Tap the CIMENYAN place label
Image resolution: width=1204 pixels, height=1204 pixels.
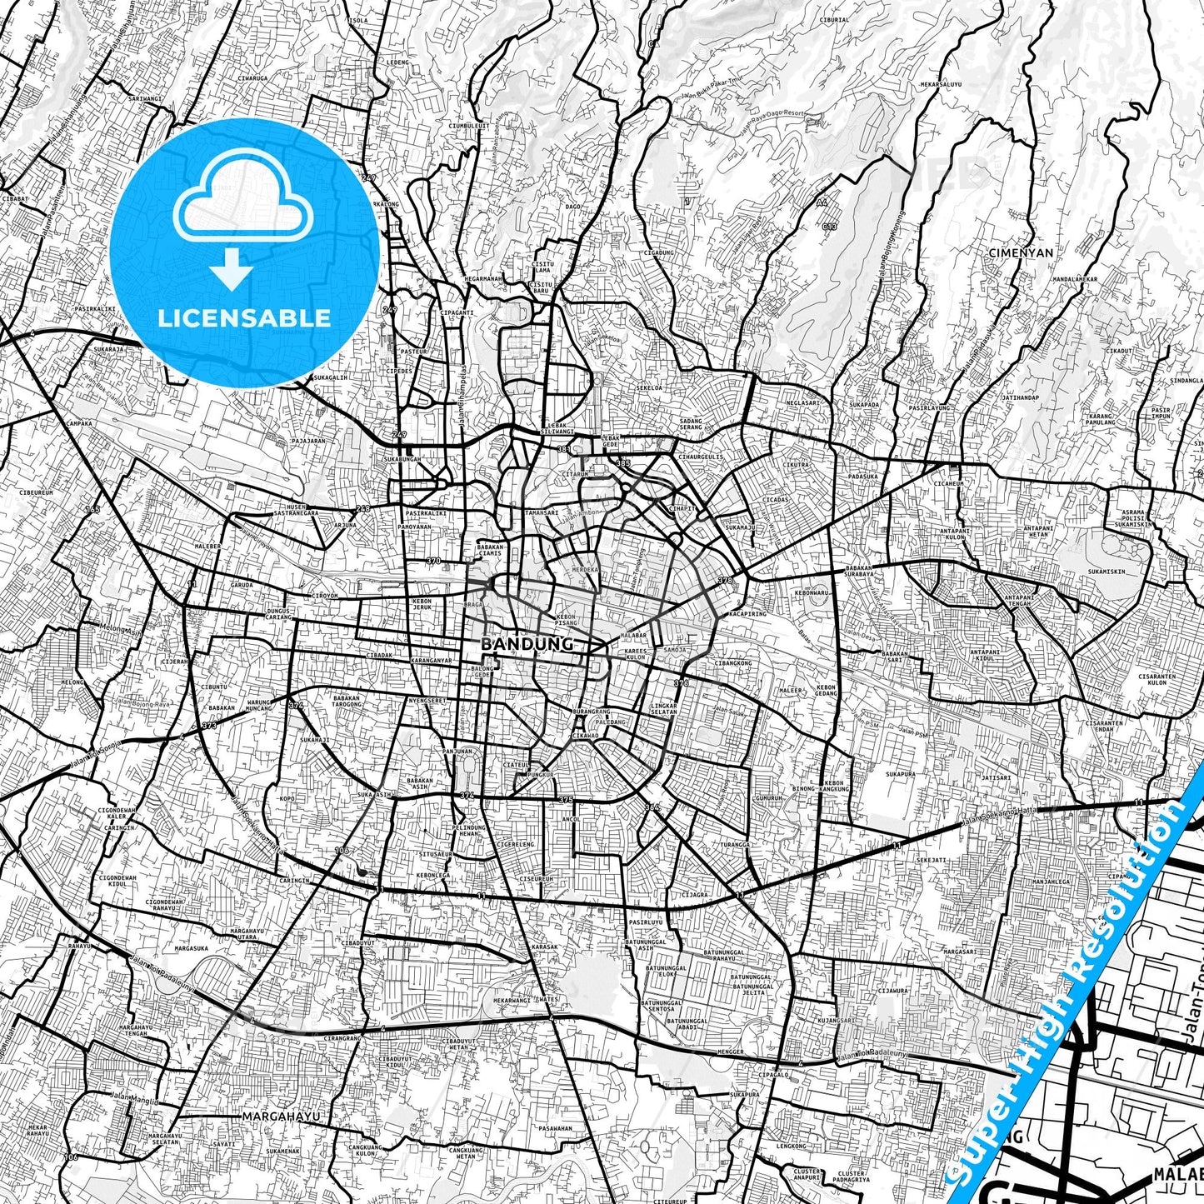pos(1020,252)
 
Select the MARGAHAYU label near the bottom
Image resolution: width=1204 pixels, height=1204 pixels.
pos(281,1115)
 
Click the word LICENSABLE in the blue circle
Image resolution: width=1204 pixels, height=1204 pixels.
pos(245,317)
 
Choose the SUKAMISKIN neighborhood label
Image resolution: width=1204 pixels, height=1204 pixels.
pos(1106,572)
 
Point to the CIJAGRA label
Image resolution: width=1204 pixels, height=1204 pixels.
pos(695,896)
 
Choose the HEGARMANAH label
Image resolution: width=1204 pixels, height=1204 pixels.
pos(484,279)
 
